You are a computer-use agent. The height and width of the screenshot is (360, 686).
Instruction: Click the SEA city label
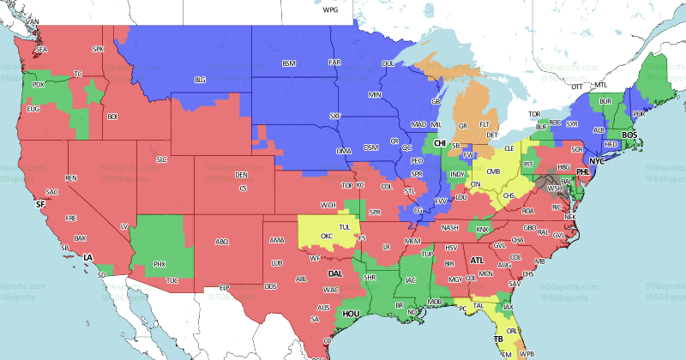[x=41, y=50]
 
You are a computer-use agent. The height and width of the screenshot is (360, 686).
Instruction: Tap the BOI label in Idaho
[x=112, y=116]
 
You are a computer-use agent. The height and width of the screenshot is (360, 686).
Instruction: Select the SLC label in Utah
[x=161, y=159]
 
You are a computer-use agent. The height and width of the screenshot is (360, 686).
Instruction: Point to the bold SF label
[x=39, y=205]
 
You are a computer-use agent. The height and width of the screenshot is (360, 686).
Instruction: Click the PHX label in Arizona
[x=159, y=264]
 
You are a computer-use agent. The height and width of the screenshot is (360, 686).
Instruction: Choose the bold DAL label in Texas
[x=337, y=273]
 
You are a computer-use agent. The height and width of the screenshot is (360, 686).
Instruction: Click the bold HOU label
[x=351, y=315]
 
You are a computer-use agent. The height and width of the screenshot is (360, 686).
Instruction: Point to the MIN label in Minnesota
[x=375, y=93]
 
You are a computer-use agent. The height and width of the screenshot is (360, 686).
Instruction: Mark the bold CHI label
[x=440, y=143]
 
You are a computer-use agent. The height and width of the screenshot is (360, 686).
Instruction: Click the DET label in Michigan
[x=491, y=135]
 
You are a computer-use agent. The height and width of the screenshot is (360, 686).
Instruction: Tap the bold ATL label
[x=477, y=259]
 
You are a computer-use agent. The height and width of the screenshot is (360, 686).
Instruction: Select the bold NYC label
[x=597, y=161]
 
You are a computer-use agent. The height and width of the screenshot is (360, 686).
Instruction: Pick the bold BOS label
[x=629, y=135]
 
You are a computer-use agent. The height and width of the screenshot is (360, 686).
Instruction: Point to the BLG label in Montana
[x=201, y=80]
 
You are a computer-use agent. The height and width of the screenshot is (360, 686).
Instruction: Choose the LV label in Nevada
[x=124, y=225]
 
